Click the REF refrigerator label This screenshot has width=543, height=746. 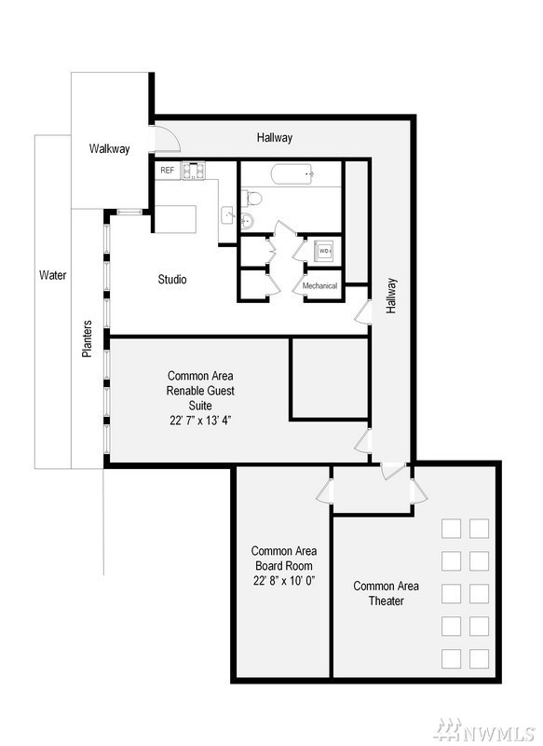(168, 170)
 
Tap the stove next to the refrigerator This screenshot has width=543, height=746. (194, 171)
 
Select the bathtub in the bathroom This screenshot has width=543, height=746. (292, 174)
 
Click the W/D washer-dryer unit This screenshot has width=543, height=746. (324, 251)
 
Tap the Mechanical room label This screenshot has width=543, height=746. (319, 286)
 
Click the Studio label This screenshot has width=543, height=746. (172, 279)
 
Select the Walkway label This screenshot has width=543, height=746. (109, 149)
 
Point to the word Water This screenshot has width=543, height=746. (53, 275)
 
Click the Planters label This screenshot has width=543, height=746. (87, 338)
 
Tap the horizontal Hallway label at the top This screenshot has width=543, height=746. (275, 138)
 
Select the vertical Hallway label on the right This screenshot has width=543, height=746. (391, 296)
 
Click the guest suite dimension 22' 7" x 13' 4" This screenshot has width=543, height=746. (200, 421)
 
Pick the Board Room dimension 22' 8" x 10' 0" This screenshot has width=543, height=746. (284, 581)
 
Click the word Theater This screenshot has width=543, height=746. (387, 601)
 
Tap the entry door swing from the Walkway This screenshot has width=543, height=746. (168, 138)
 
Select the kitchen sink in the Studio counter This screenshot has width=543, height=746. (228, 215)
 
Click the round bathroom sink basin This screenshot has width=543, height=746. (248, 221)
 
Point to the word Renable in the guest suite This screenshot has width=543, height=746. (182, 391)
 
